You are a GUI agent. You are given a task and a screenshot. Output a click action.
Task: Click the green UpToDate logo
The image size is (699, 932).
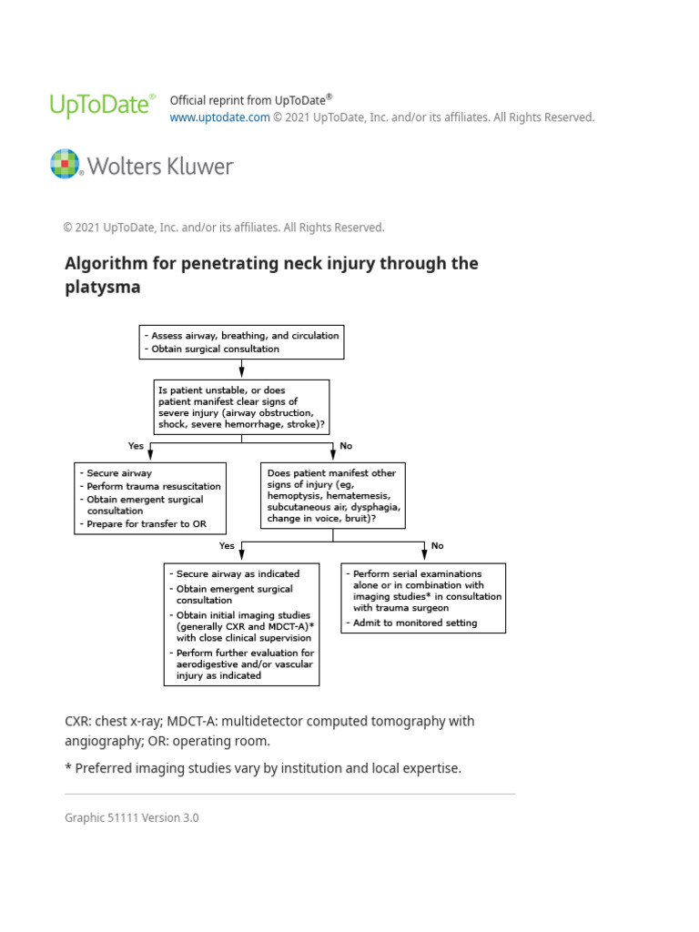101,106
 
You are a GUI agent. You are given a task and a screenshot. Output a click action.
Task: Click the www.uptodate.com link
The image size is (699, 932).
219,117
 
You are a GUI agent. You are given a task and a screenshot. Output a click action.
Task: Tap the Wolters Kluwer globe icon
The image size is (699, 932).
66,164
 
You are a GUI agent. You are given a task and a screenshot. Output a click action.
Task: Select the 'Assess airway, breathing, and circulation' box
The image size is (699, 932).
241,342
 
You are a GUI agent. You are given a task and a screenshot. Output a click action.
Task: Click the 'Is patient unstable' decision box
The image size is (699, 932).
241,407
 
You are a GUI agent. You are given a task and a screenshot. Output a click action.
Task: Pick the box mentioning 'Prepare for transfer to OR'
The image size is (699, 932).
150,499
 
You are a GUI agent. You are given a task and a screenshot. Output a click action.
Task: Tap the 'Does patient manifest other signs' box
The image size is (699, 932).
333,496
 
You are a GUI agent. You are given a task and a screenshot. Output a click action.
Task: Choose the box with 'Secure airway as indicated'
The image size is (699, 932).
242,624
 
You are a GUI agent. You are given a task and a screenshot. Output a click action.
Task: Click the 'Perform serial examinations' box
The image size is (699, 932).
423,598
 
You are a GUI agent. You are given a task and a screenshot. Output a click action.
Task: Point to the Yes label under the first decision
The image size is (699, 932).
137,446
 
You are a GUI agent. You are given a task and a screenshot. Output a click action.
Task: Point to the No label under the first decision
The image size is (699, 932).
346,446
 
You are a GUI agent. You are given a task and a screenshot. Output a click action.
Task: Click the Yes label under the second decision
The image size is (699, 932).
227,546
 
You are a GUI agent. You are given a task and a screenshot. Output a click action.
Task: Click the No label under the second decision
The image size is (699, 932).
438,546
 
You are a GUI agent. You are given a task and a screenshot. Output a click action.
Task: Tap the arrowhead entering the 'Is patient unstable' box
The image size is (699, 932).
241,374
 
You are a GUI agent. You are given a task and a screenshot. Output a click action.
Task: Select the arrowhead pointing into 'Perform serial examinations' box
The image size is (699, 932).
424,557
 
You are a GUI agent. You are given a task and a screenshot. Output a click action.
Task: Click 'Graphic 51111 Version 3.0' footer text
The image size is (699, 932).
131,817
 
